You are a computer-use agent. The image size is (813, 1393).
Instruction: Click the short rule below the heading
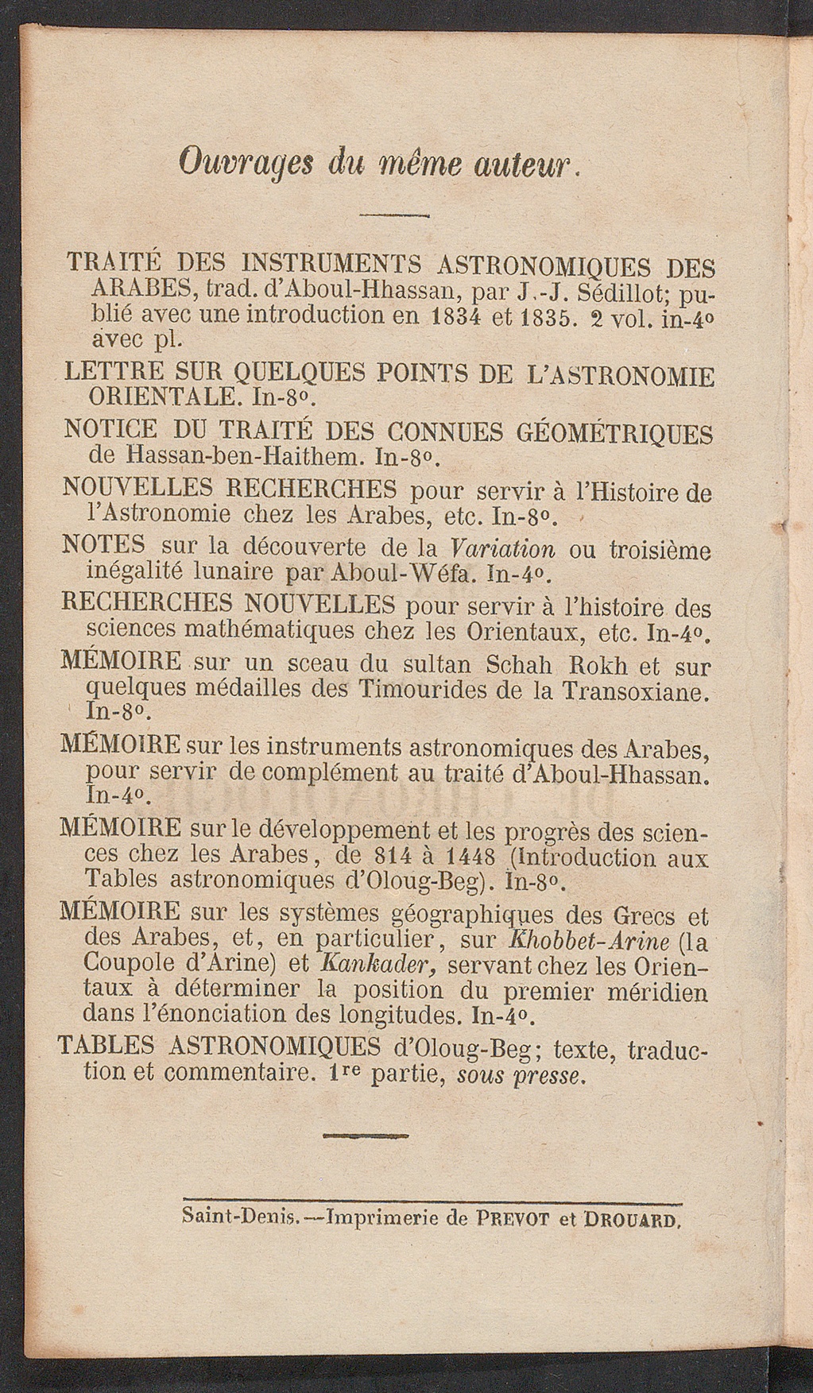pyautogui.click(x=394, y=215)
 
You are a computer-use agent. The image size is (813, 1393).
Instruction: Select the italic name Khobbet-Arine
pyautogui.click(x=587, y=939)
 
